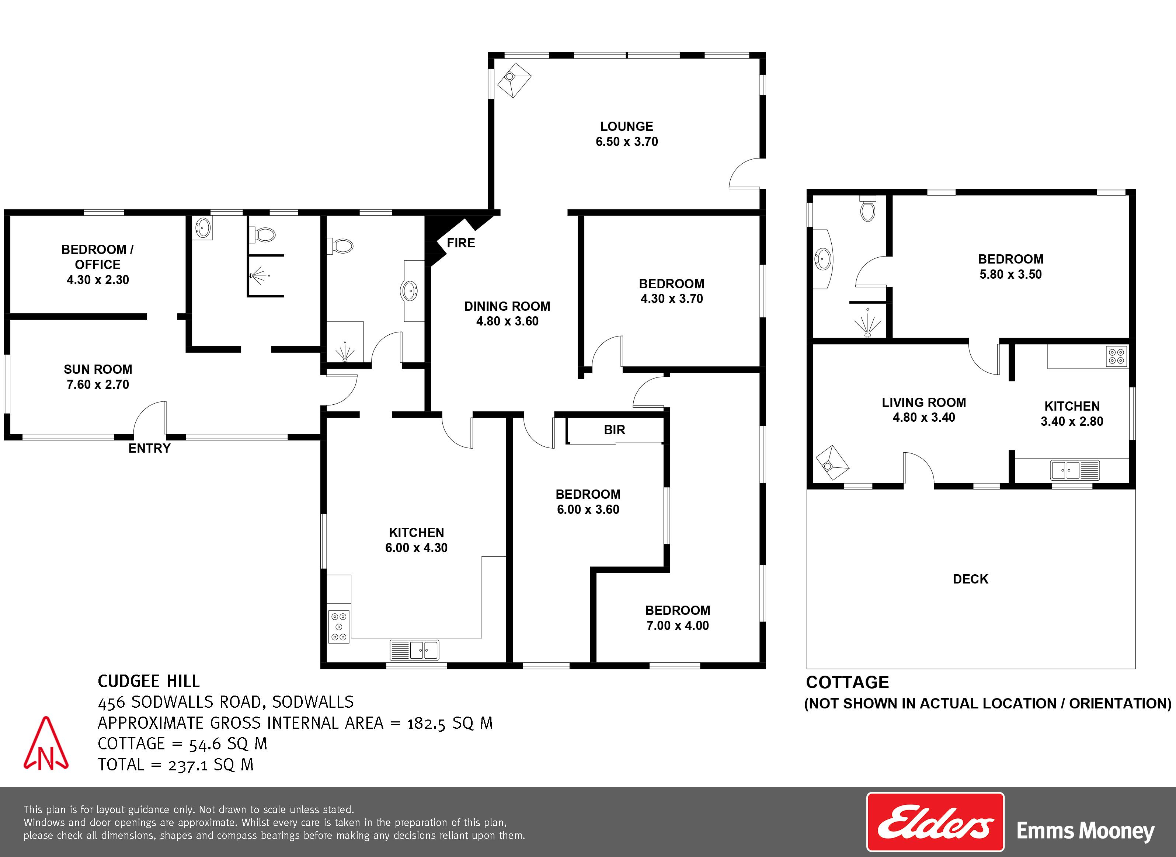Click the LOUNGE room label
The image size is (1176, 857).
[627, 126]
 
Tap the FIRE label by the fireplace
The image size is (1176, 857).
[461, 243]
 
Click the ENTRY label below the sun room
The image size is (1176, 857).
[149, 448]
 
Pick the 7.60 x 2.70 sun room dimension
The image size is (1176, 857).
[98, 384]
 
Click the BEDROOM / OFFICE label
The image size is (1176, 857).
[98, 257]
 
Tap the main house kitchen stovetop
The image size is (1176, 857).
[339, 627]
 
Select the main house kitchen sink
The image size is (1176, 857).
[414, 649]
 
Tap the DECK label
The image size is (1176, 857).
[971, 579]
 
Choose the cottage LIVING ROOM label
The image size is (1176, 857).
[924, 403]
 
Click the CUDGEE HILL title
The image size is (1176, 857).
[149, 681]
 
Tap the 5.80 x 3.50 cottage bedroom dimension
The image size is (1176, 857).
[1010, 275]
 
